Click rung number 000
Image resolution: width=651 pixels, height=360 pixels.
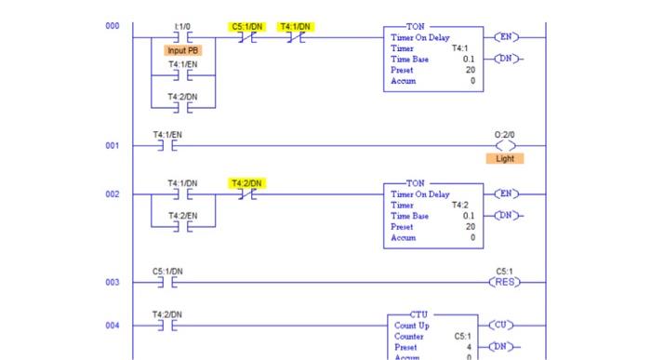point(112,26)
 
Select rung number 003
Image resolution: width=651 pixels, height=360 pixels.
point(112,282)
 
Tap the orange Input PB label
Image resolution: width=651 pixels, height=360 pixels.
point(182,49)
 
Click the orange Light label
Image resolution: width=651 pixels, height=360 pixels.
point(504,158)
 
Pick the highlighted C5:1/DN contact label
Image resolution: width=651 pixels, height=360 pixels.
point(246,27)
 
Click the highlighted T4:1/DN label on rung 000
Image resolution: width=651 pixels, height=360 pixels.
point(296,27)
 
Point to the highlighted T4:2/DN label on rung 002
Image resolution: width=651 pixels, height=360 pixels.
point(246,183)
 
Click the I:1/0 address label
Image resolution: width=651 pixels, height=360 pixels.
point(182,27)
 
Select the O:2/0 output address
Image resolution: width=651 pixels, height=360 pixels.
point(505,135)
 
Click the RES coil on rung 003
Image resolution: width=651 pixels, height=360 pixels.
point(506,282)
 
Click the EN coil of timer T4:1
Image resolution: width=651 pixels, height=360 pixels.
point(506,37)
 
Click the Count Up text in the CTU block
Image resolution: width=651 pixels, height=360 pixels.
point(412,326)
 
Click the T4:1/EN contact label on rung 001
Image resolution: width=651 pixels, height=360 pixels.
point(167,135)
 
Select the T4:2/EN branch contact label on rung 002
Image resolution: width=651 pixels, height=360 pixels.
point(182,215)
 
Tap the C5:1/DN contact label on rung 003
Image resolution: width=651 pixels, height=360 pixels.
point(167,272)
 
